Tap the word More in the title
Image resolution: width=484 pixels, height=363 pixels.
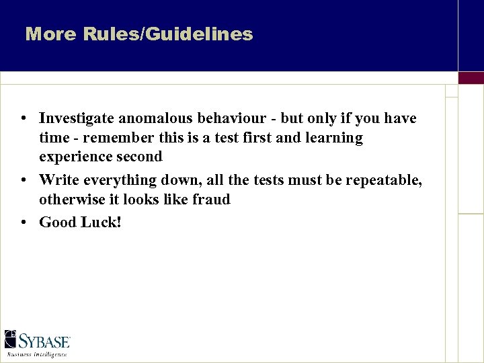pyautogui.click(x=51, y=34)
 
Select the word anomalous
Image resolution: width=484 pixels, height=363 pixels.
pyautogui.click(x=157, y=119)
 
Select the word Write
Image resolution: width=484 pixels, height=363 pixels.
pyautogui.click(x=59, y=179)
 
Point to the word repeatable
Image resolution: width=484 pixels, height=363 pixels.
pyautogui.click(x=384, y=180)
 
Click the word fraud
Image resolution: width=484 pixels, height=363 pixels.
pyautogui.click(x=210, y=199)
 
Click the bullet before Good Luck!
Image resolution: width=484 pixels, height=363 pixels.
pyautogui.click(x=24, y=222)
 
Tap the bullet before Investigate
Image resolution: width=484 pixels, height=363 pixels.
pyautogui.click(x=24, y=119)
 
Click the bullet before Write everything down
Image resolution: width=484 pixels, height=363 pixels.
pyautogui.click(x=24, y=179)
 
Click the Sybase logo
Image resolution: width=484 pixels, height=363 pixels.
pyautogui.click(x=38, y=342)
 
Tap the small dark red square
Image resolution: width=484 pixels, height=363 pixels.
pyautogui.click(x=471, y=78)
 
